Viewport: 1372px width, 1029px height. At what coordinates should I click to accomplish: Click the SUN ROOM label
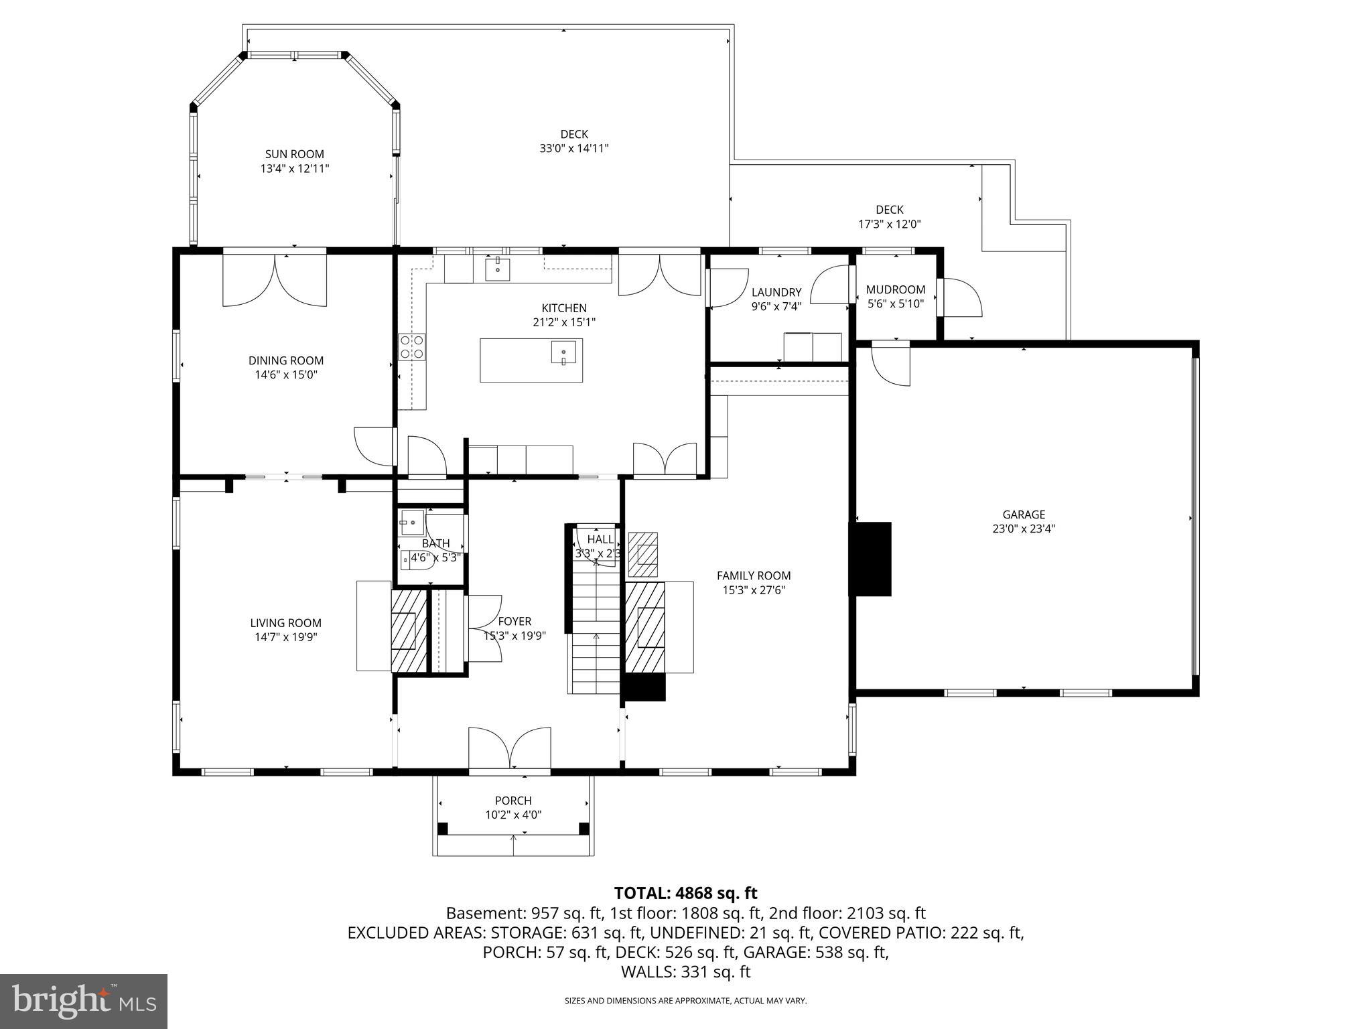(x=294, y=154)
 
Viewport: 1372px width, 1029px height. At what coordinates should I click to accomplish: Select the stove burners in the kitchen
(x=411, y=346)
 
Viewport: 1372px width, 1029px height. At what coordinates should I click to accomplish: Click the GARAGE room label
(x=1023, y=514)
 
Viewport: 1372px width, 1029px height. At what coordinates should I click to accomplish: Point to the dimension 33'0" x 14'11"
(x=573, y=149)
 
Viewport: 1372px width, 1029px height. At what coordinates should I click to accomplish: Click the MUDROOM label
(x=895, y=289)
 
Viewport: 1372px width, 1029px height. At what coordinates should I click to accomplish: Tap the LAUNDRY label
(x=776, y=292)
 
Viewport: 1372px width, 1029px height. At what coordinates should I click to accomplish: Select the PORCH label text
(x=512, y=801)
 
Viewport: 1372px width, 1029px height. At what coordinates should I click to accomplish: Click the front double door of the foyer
(x=509, y=748)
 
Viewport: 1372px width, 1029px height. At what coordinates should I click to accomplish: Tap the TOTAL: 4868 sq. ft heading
(x=685, y=893)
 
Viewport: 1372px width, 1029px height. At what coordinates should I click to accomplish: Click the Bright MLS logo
(x=83, y=1002)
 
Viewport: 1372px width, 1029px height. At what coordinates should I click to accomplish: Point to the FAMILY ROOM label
(x=753, y=575)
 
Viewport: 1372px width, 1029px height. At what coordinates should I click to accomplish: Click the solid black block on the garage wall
(x=870, y=559)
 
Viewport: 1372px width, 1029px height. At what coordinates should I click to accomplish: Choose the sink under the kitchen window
(x=497, y=269)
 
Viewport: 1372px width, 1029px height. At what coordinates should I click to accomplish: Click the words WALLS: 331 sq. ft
(x=685, y=972)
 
